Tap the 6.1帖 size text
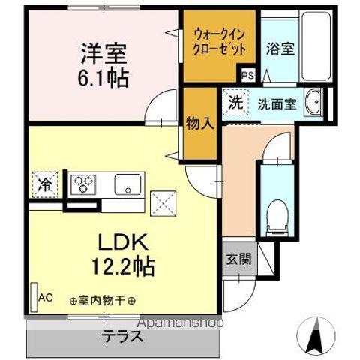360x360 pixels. point(103,76)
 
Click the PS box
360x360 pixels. point(248,75)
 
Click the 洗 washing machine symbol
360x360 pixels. point(235,102)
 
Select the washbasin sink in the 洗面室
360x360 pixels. point(315,101)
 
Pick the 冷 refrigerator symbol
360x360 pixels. point(43,183)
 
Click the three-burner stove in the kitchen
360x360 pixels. point(83,184)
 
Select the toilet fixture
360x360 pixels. point(276,214)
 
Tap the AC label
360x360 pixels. point(46,297)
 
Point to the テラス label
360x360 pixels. point(123,337)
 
